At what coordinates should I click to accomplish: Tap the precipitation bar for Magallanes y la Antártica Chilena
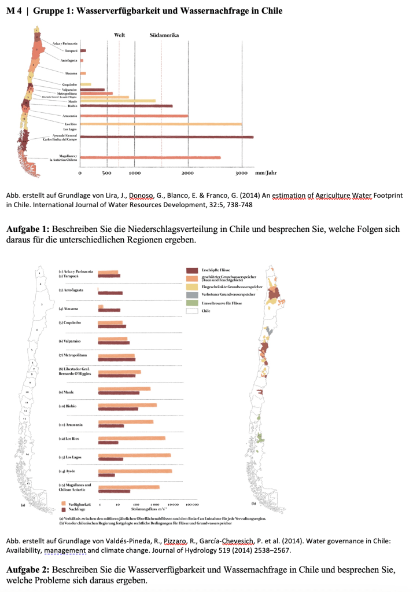(150, 157)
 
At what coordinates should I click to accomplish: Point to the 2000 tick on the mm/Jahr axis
(188, 173)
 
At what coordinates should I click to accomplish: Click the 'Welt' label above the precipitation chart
(120, 35)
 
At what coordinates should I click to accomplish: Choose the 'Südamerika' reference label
(165, 35)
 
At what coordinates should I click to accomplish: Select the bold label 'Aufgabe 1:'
(27, 229)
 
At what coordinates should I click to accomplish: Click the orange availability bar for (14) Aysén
(135, 471)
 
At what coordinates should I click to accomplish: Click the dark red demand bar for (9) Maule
(119, 393)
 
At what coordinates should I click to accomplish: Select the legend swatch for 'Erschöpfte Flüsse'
(192, 270)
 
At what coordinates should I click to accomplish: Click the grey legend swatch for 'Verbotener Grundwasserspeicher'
(192, 295)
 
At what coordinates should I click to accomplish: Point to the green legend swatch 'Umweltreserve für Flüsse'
(192, 303)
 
